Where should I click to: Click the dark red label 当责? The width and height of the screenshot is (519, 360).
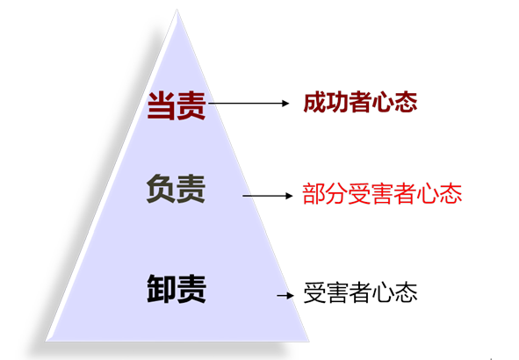[177, 105]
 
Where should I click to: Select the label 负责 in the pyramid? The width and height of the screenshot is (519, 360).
[176, 189]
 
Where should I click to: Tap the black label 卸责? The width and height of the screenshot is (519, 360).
[177, 289]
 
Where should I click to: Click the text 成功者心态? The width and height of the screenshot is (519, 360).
[360, 102]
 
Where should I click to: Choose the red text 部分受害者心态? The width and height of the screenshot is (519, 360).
[382, 193]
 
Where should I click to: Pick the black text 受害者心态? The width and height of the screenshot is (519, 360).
[360, 292]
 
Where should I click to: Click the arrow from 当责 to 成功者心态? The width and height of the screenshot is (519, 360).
[249, 104]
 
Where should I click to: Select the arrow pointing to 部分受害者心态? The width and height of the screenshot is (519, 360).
[268, 196]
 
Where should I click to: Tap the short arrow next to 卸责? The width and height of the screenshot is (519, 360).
[285, 295]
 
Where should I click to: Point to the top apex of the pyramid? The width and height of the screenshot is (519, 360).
[177, 10]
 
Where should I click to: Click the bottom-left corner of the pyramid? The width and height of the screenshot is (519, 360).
[47, 341]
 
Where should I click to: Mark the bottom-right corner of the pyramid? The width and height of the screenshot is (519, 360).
[309, 341]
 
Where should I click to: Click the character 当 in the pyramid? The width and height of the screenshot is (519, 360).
[162, 105]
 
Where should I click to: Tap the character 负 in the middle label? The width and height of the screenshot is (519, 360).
[161, 189]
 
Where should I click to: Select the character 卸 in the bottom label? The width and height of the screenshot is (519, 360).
[162, 289]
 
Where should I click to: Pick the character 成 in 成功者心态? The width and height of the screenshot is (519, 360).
[314, 102]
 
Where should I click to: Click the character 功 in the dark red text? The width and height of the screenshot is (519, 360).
[337, 102]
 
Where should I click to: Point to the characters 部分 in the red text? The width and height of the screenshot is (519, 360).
[325, 193]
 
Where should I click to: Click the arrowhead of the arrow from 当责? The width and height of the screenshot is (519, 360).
[285, 104]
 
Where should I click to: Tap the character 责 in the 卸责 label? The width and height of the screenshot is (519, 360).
[192, 289]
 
